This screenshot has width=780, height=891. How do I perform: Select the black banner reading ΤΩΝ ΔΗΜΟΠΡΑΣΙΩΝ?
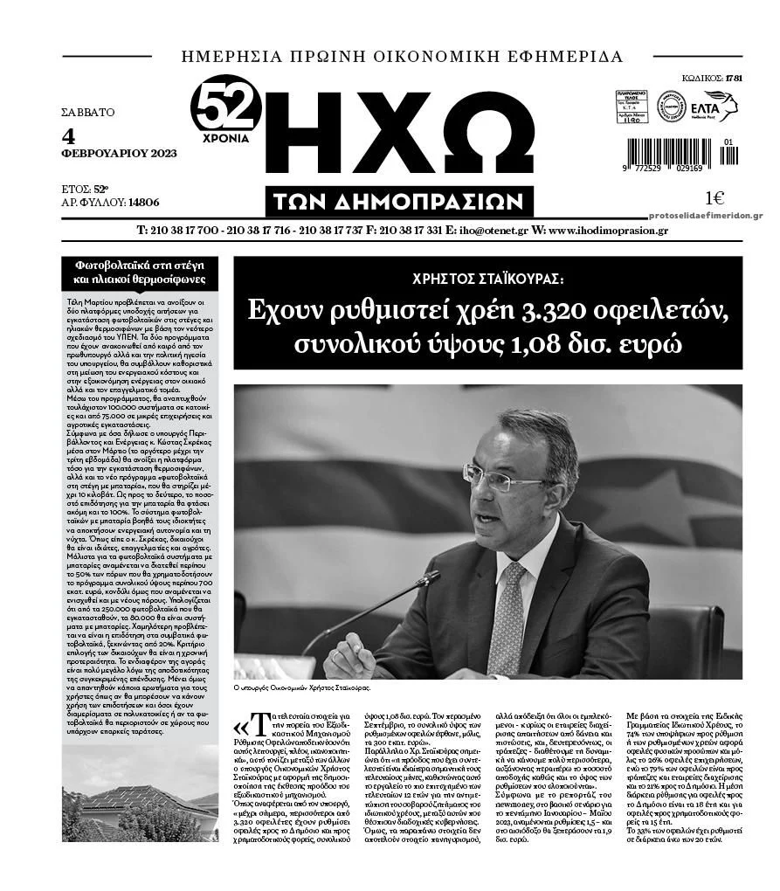[x=399, y=202]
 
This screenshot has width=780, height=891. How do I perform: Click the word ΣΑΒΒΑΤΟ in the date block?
[x=87, y=112]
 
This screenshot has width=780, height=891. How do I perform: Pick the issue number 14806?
[x=143, y=202]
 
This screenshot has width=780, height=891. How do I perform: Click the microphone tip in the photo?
[x=428, y=577]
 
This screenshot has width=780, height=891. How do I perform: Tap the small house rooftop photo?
[x=140, y=804]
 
